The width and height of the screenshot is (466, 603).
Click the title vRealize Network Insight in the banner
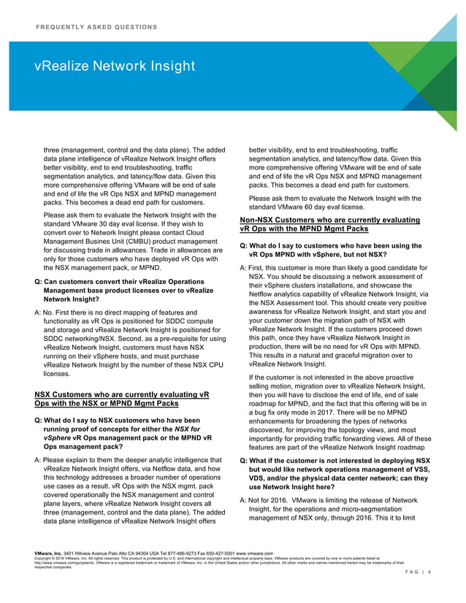coord(115,67)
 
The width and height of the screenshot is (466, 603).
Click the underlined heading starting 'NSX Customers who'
coord(122,399)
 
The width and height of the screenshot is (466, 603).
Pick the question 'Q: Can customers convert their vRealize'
coord(123,290)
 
